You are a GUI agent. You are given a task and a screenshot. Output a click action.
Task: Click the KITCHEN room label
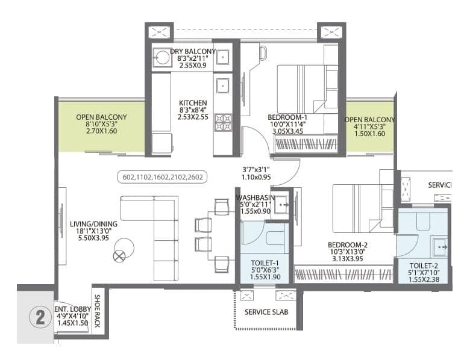pyautogui.click(x=193, y=103)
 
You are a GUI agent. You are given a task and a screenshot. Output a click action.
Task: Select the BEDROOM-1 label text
pyautogui.click(x=287, y=117)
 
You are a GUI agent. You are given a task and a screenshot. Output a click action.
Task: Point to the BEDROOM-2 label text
pyautogui.click(x=348, y=244)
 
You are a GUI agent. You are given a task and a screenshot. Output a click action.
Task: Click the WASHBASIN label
pyautogui.click(x=255, y=197)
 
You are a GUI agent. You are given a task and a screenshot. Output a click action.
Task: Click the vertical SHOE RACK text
pyautogui.click(x=96, y=311)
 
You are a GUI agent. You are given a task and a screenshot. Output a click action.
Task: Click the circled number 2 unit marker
pyautogui.click(x=40, y=318)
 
